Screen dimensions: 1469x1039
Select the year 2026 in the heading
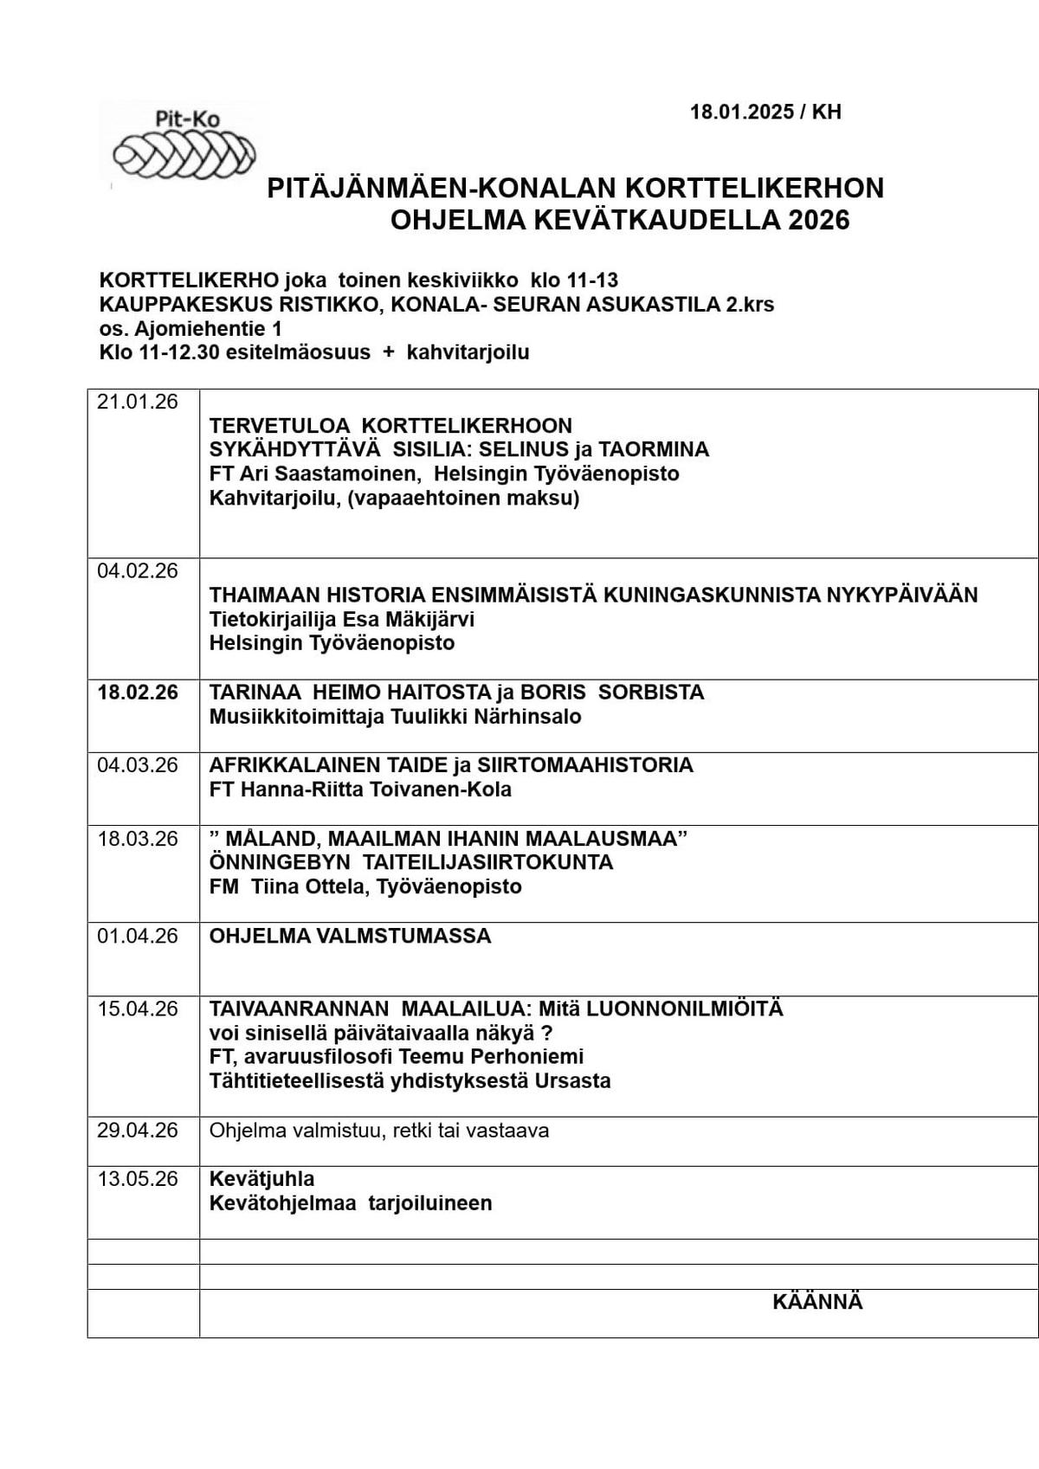818,221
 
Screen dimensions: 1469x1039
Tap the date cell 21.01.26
138,402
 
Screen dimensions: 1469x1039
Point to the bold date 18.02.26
138,693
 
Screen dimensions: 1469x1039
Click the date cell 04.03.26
138,765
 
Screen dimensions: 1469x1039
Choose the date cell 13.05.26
138,1179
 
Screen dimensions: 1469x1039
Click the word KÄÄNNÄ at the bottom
817,1303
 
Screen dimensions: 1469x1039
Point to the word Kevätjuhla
261,1179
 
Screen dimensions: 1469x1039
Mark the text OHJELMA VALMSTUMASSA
350,937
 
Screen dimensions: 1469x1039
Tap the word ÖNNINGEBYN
280,862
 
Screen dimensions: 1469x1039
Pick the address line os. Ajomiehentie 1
190,329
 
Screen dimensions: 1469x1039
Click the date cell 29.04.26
138,1131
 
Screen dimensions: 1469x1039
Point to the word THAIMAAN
263,596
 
